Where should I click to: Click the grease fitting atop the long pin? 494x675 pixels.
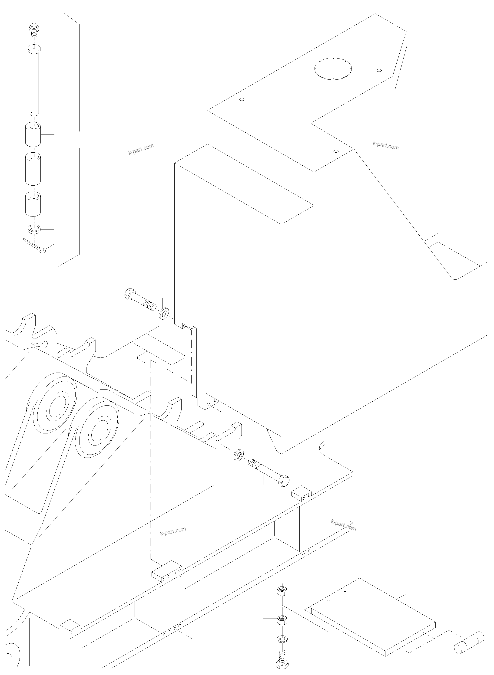[33, 31]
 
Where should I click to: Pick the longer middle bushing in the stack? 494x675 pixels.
[33, 169]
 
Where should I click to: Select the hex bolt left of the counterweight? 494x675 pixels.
[139, 300]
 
